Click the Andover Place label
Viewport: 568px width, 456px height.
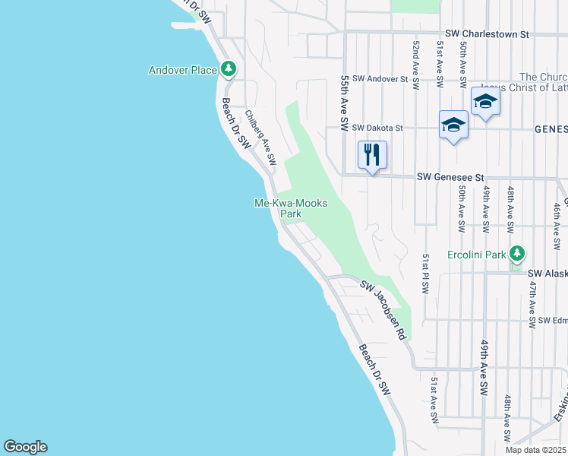[x=182, y=70]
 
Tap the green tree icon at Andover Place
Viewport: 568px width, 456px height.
[x=229, y=69]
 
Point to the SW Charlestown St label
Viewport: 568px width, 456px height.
[x=487, y=34]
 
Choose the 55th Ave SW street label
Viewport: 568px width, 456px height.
[x=344, y=100]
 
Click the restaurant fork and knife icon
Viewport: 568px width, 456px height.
[x=372, y=155]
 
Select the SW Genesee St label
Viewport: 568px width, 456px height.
[x=450, y=177]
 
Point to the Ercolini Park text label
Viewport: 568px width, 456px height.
[x=476, y=254]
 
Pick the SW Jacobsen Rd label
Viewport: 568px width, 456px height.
[x=383, y=310]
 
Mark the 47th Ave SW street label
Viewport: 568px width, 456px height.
[x=534, y=303]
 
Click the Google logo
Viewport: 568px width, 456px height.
[x=25, y=447]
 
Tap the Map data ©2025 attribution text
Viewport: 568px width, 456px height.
[x=535, y=450]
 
